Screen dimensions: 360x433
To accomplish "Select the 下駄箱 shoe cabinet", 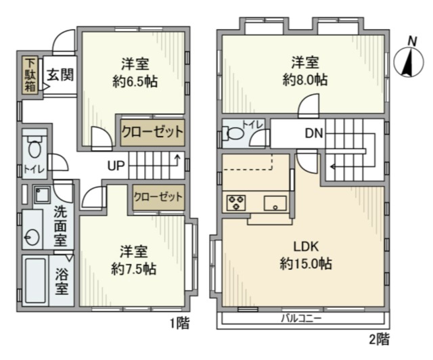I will tap(30, 74).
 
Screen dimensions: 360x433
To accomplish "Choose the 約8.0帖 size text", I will tap(305, 80).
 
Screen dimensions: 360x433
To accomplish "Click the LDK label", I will tap(306, 246).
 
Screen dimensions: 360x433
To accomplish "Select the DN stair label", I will tap(313, 133).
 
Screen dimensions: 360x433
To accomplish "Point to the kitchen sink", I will tap(275, 202).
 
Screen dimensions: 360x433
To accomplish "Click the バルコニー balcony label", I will tap(302, 317).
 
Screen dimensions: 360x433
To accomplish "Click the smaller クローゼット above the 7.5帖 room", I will tap(158, 197).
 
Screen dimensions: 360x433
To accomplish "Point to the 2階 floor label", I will tap(379, 338).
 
